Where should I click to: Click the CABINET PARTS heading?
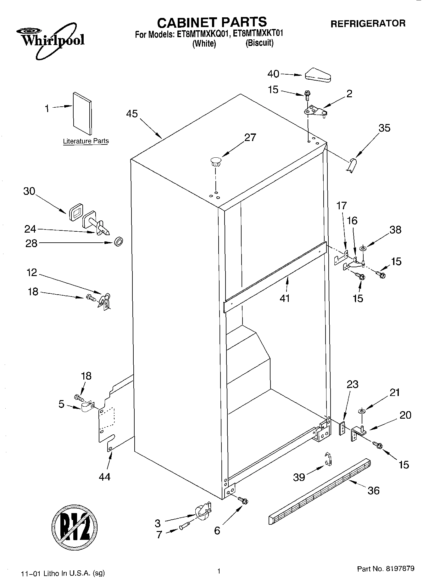pos(212,22)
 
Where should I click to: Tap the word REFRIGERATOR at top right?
pos(368,23)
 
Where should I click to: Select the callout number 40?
pos(273,74)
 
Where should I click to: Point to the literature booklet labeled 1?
pos(82,113)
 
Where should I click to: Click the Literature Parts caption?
pos(86,141)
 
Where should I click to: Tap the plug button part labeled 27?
pos(215,161)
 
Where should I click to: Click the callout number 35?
pos(384,128)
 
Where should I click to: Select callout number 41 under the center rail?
pos(285,298)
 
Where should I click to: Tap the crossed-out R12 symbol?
pos(74,526)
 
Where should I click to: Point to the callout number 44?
pos(104,477)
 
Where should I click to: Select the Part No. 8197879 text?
pos(385,568)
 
